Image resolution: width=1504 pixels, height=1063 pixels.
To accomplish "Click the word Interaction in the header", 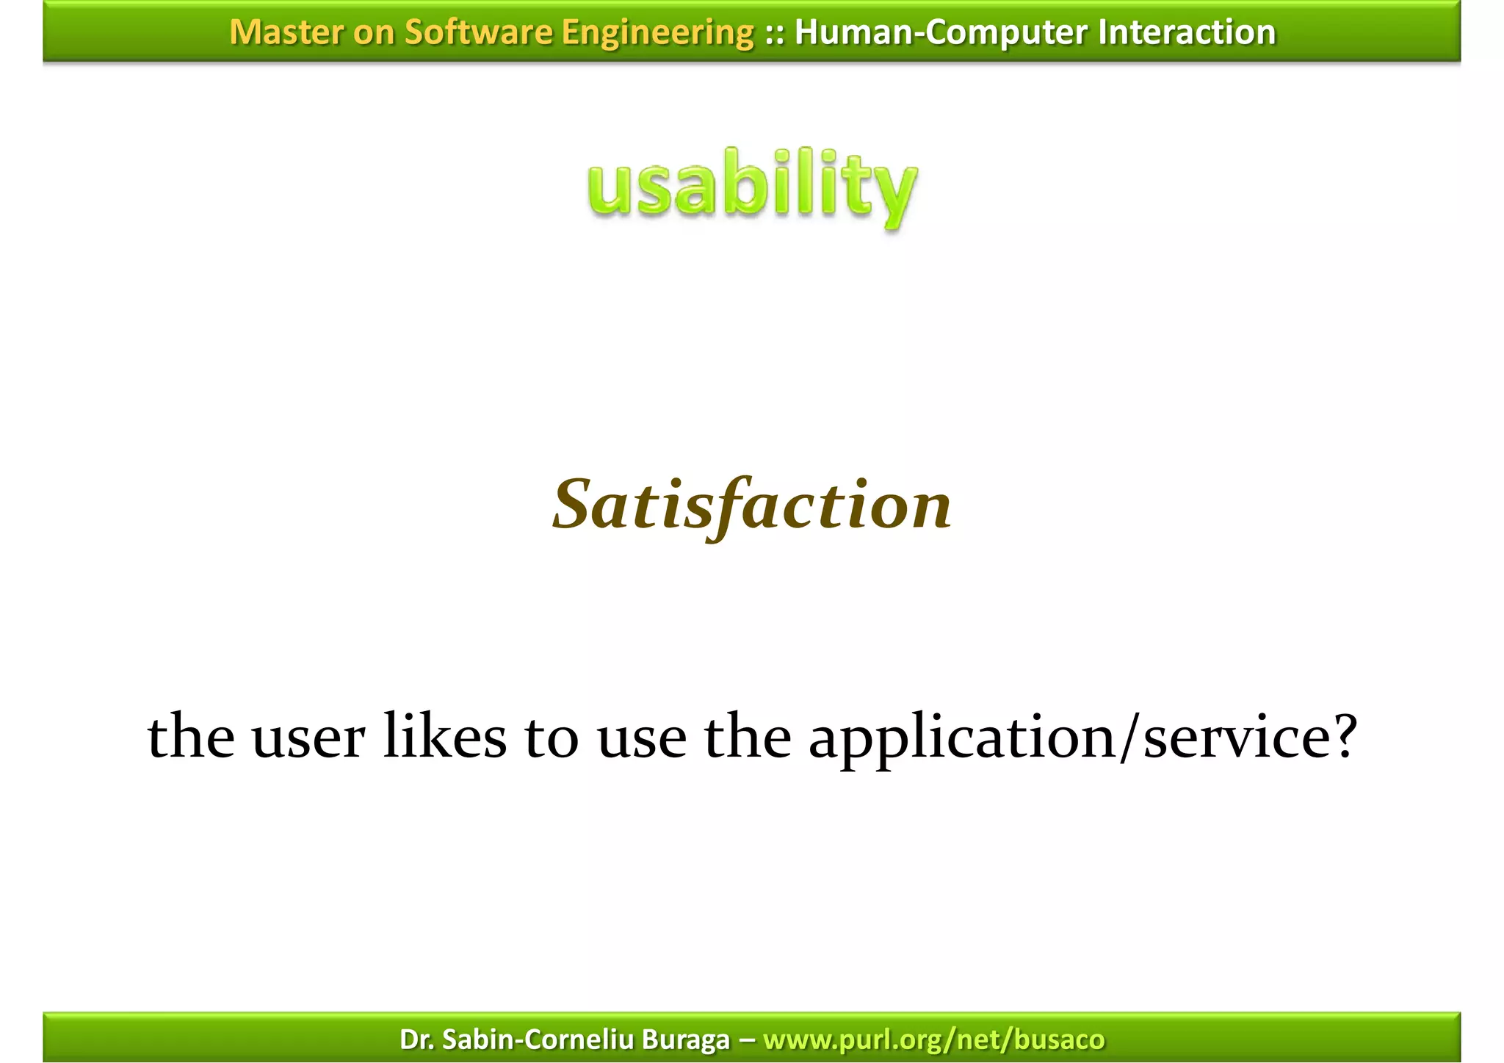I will pos(1187,32).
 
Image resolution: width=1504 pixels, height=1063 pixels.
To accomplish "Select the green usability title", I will pos(753,187).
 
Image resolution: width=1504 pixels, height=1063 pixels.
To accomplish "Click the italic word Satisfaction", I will pos(752,505).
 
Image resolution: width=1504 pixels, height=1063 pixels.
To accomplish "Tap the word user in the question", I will pos(308,738).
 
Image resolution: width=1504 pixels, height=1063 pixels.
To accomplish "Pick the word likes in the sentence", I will pos(445,736).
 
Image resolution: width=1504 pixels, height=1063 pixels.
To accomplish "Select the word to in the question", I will pos(552,738).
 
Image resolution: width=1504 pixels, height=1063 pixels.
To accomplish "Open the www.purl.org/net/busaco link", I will pos(933,1039).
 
